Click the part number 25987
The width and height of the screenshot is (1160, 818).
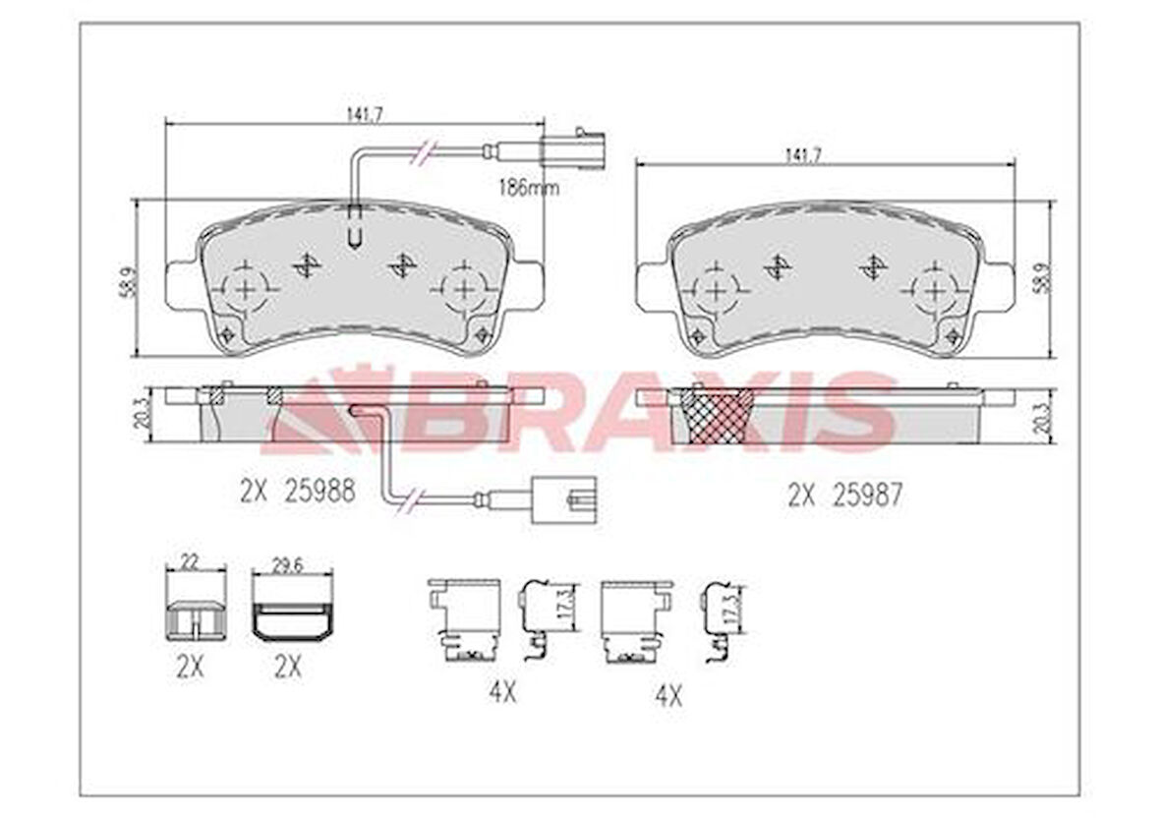click(x=867, y=495)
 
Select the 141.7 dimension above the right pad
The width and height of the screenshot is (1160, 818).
click(x=802, y=154)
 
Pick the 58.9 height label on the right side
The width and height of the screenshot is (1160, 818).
click(x=1040, y=278)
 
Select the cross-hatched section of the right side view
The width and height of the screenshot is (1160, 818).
click(x=712, y=416)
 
